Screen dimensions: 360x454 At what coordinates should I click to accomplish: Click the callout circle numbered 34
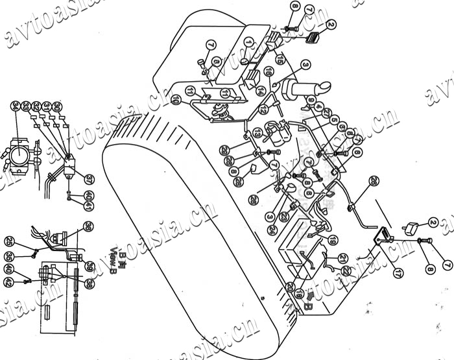click(16, 106)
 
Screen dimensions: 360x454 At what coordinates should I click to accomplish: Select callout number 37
click(89, 179)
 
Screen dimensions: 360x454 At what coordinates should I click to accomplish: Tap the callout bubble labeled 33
click(26, 106)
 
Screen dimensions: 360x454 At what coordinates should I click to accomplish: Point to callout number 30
click(57, 106)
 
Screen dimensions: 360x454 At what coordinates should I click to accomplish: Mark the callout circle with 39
click(90, 267)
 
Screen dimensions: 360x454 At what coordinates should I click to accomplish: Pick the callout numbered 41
click(89, 207)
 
